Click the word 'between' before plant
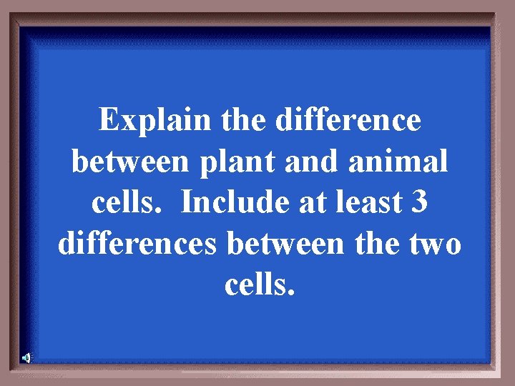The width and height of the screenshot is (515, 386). pyautogui.click(x=122, y=162)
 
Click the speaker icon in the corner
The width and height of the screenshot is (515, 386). pyautogui.click(x=26, y=357)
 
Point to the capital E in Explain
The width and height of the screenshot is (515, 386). pyautogui.click(x=109, y=121)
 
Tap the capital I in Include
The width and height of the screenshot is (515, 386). pyautogui.click(x=187, y=204)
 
